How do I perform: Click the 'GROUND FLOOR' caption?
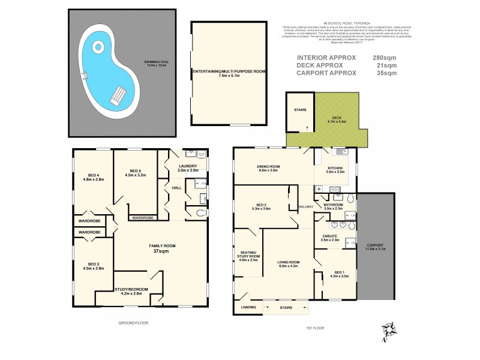(x=133, y=323)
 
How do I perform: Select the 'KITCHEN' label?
(x=334, y=169)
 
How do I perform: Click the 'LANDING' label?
(x=249, y=308)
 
